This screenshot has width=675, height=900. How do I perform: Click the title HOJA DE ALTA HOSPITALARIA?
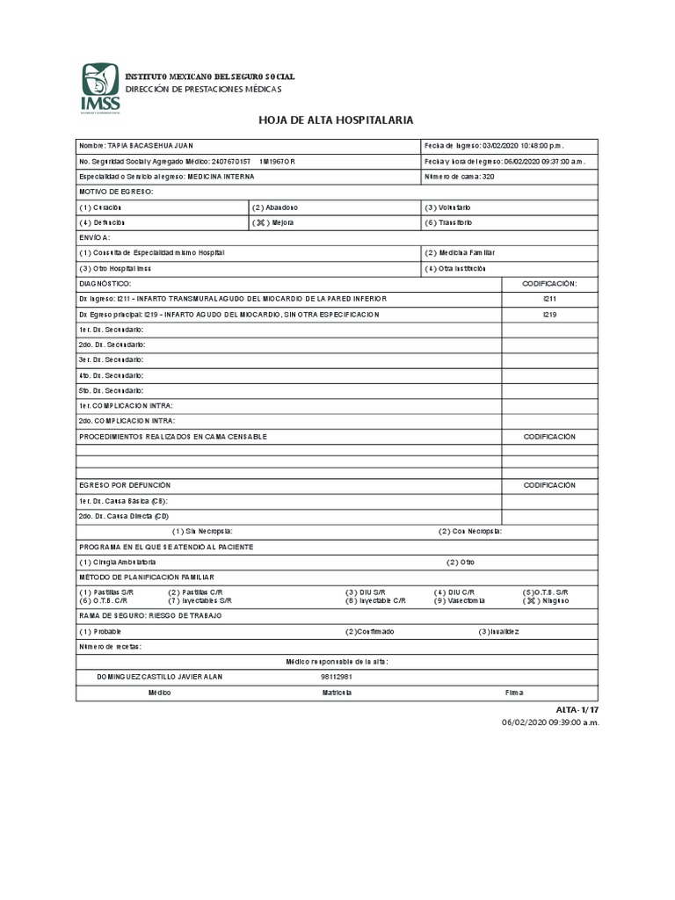(335, 120)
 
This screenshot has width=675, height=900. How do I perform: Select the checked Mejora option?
(274, 222)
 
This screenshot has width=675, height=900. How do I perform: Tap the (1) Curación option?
(100, 207)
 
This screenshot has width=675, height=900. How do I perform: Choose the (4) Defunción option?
(102, 222)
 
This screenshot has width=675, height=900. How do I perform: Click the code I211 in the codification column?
(549, 299)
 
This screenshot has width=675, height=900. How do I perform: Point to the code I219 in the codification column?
(549, 314)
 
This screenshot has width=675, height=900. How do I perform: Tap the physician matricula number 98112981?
(337, 677)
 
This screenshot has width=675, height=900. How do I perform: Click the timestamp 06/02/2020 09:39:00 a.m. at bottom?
(550, 722)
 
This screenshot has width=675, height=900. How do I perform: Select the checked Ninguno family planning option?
(546, 600)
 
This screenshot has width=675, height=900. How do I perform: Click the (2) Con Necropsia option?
(470, 531)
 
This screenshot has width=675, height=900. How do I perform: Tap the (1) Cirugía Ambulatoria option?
(118, 562)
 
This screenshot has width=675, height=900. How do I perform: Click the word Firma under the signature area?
(514, 693)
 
